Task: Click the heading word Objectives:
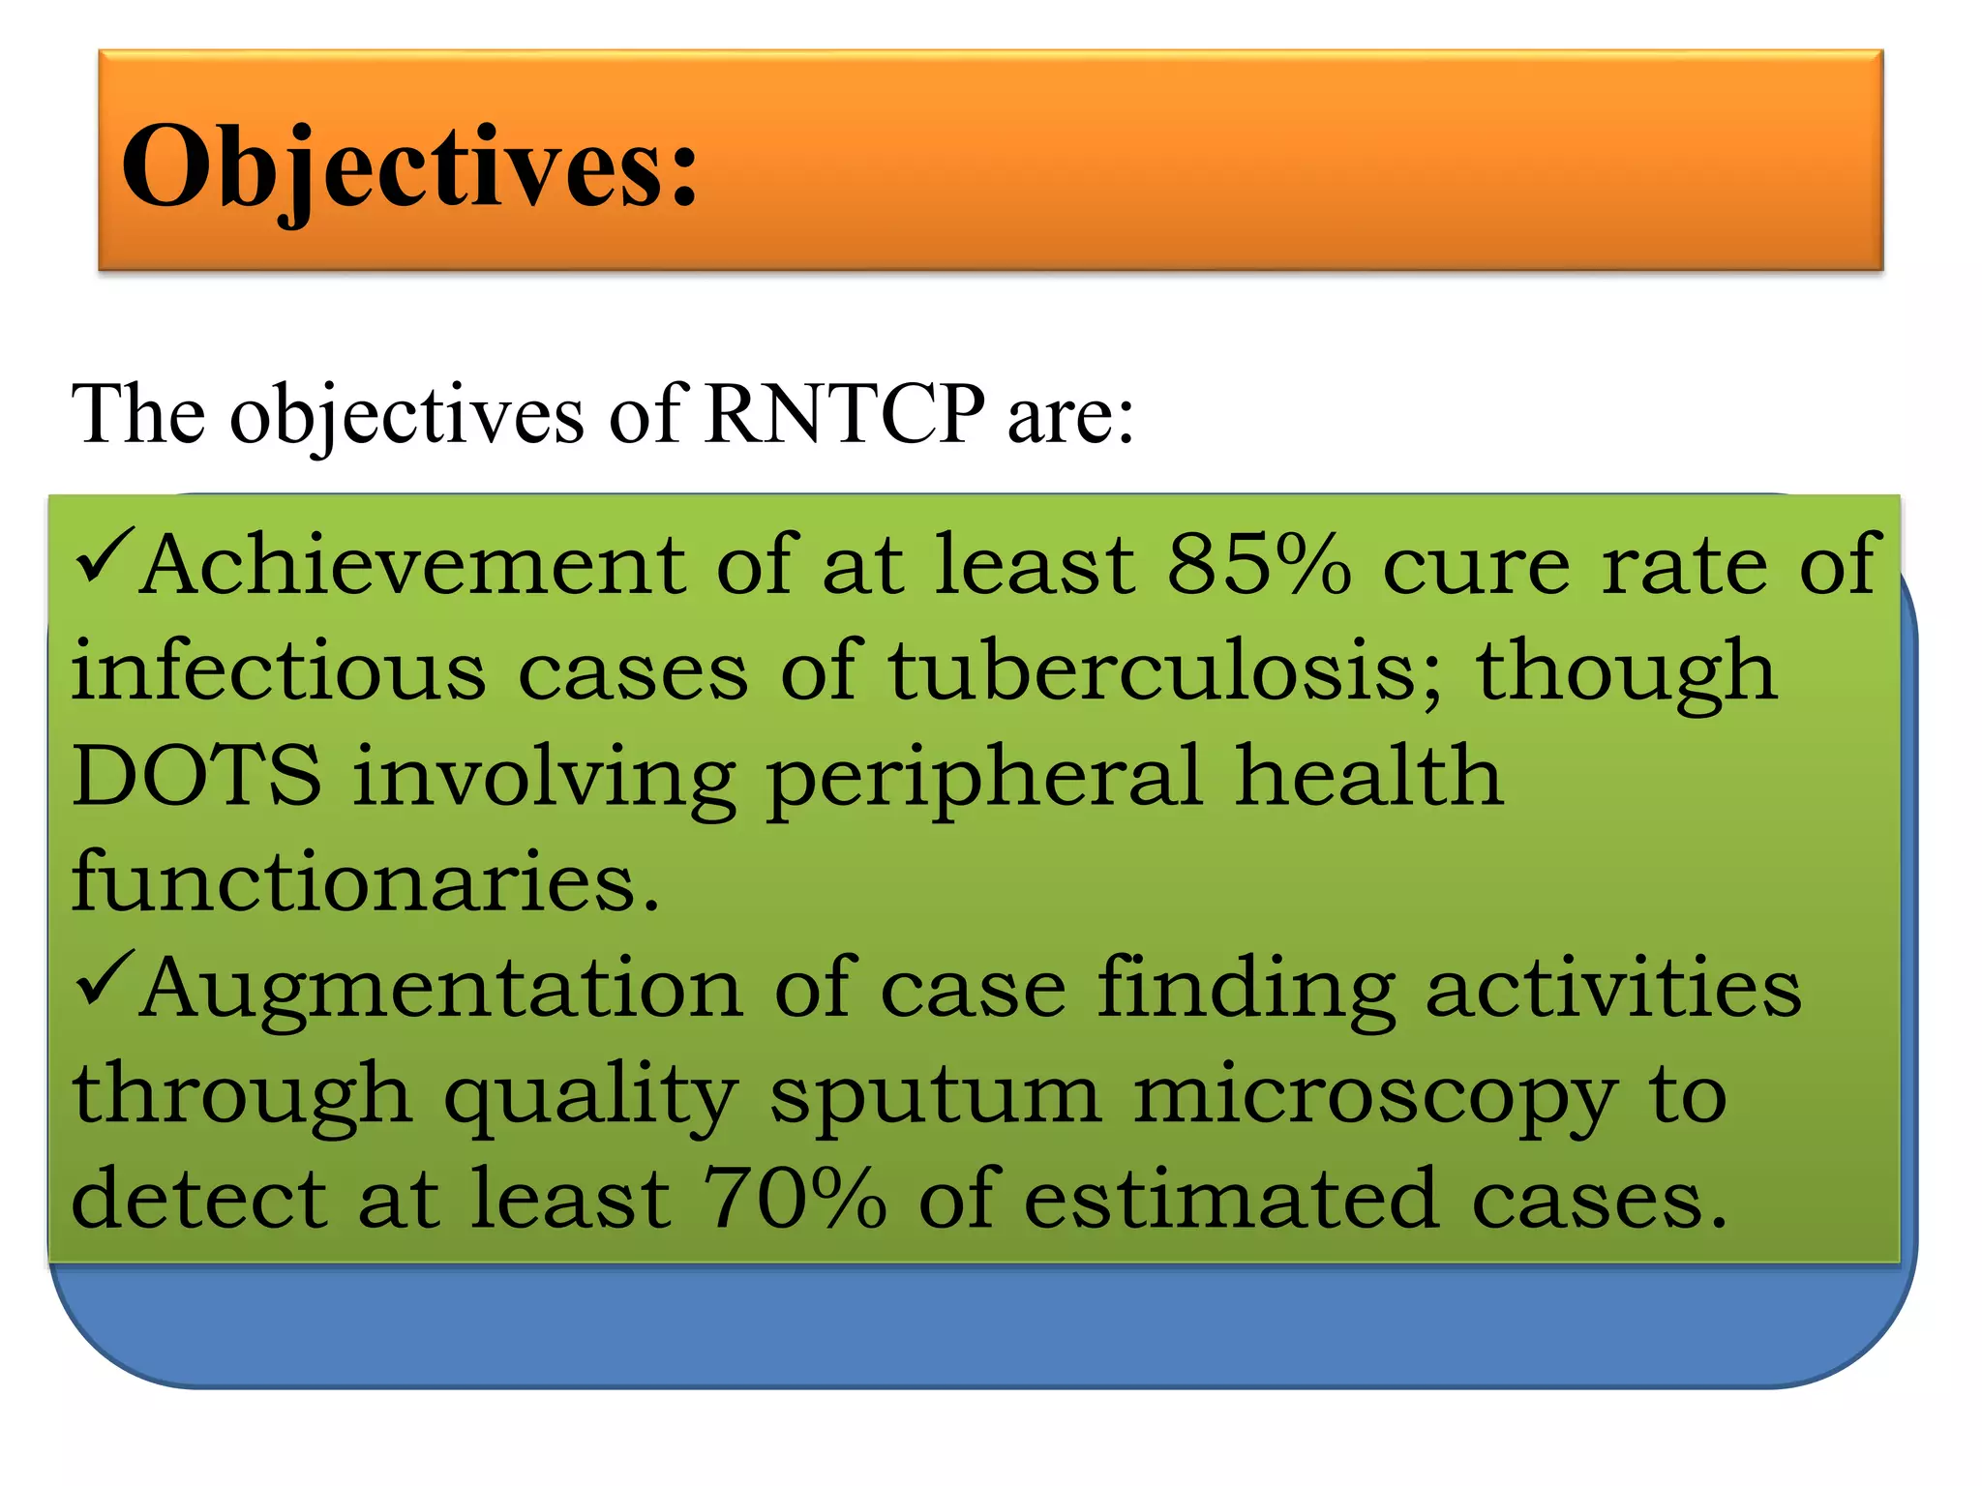tap(408, 166)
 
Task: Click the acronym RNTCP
tap(844, 414)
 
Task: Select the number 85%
tap(1258, 565)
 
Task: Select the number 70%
tap(794, 1200)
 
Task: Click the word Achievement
tap(412, 565)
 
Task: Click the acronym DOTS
tap(196, 776)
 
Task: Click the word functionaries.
tap(366, 882)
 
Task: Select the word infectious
tap(279, 671)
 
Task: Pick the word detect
tap(199, 1200)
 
